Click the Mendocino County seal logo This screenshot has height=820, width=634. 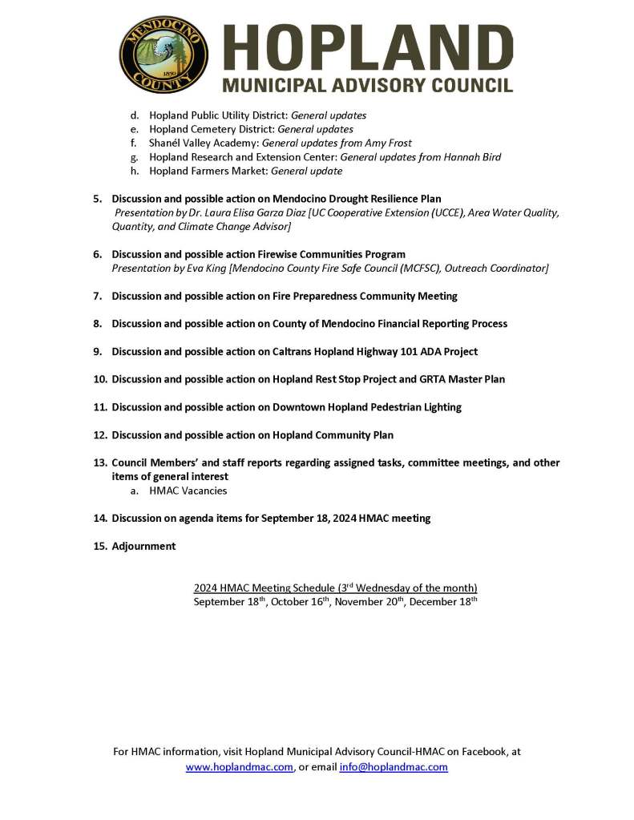pos(164,55)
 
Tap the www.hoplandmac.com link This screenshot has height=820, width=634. pos(240,767)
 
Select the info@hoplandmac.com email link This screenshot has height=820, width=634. pos(394,767)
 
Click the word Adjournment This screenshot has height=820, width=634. pos(143,546)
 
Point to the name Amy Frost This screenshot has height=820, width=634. pos(388,143)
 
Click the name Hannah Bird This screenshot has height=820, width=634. pos(474,157)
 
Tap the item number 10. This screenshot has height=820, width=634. pos(100,379)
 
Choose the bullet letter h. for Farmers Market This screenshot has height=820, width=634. pos(135,171)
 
